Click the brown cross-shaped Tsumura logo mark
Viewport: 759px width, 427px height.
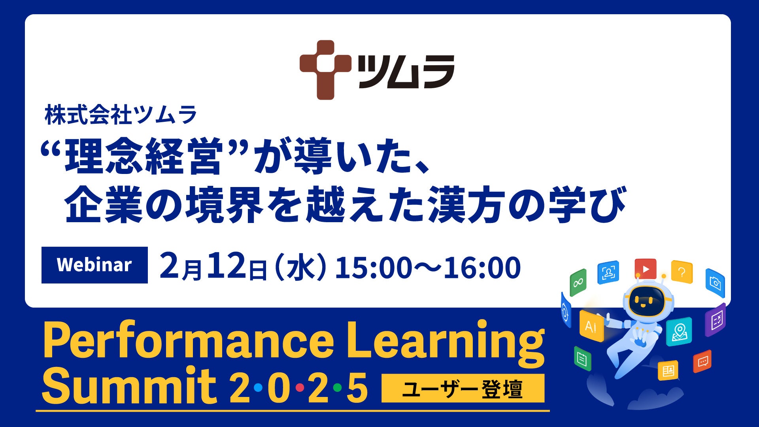tap(325, 70)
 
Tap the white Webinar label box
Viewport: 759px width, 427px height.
tap(94, 265)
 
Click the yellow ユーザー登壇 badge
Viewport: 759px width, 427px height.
tap(463, 388)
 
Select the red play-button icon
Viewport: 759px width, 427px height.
tap(645, 269)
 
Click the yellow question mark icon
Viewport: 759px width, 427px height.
tap(682, 272)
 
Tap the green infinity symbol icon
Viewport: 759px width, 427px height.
tap(578, 282)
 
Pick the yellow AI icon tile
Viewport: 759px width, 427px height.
tap(591, 326)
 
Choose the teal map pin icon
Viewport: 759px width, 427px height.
tap(679, 331)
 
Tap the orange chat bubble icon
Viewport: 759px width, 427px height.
tap(702, 361)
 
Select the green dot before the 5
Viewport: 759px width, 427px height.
tap(337, 388)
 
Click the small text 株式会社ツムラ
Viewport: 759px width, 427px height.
tap(121, 115)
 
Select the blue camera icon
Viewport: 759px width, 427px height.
tap(715, 283)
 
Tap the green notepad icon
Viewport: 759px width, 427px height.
tap(582, 359)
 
